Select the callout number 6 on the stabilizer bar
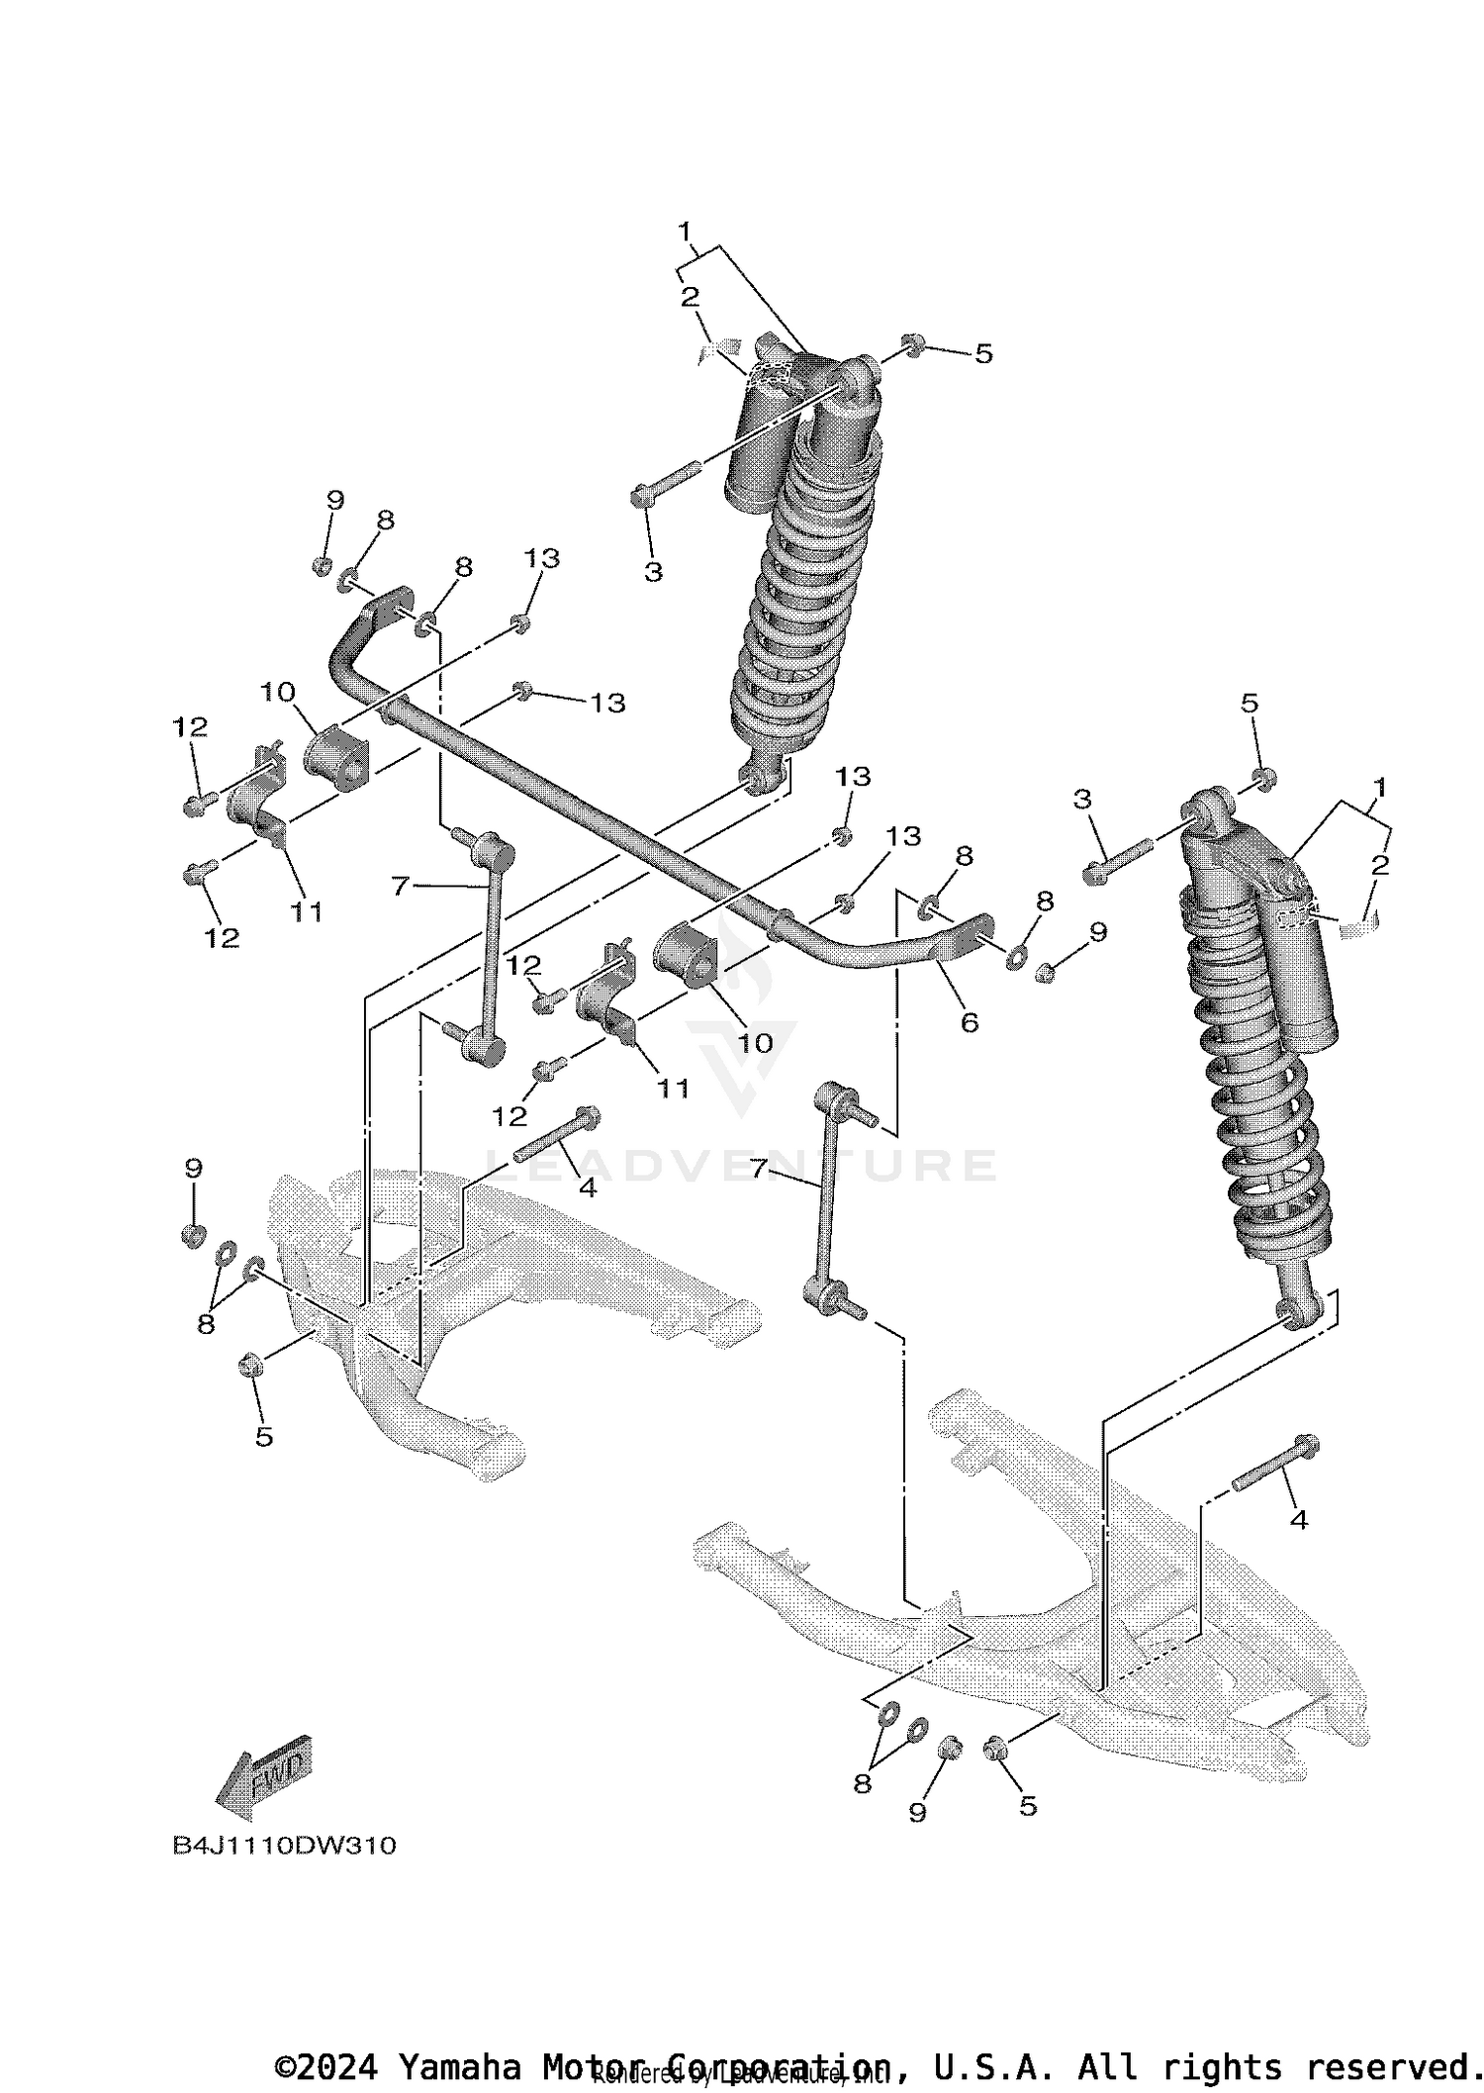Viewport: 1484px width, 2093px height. pos(969,1022)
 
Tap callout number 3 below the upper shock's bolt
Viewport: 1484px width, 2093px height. pos(653,572)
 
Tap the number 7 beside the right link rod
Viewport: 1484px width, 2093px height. pos(759,1169)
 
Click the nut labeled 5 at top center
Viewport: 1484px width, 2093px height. pos(914,345)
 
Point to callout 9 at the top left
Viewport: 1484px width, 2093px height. pos(335,501)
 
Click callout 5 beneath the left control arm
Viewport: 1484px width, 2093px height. pos(263,1436)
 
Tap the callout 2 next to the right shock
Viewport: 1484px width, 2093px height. pos(1380,864)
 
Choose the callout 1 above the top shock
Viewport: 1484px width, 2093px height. pos(684,232)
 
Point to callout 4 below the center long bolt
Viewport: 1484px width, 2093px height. pos(588,1187)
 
